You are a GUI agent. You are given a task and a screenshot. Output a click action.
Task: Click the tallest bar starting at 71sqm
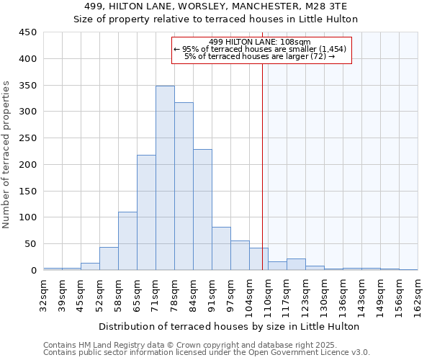tap(165, 178)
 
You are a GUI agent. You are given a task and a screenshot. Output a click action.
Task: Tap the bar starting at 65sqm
tap(146, 212)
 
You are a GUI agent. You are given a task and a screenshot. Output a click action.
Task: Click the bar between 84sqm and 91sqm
tap(202, 210)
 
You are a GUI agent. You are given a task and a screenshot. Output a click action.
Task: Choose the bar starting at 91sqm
tap(221, 248)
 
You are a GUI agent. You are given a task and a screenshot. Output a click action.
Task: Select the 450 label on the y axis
tap(27, 32)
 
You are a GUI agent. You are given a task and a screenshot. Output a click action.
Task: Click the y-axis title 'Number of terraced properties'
tap(7, 154)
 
